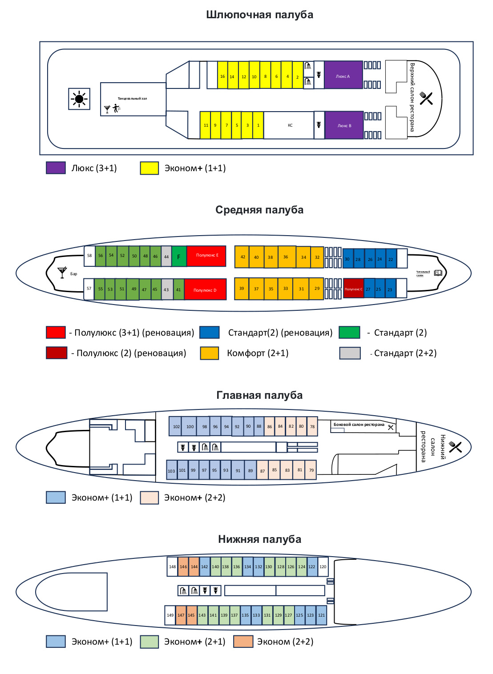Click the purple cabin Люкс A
(343, 75)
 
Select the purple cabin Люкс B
(344, 125)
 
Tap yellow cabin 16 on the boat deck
(222, 75)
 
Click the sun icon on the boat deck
(79, 99)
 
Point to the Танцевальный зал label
(132, 98)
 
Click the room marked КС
(290, 125)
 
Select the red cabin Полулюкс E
(206, 256)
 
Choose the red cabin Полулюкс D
(205, 289)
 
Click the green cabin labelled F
(179, 257)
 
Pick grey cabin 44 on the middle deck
(166, 257)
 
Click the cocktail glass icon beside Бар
(62, 272)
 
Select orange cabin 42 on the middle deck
(242, 257)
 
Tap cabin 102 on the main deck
(176, 426)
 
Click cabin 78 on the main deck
(312, 426)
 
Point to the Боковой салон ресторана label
(359, 425)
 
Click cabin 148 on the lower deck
(172, 567)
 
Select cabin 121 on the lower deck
(321, 615)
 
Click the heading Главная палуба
(259, 395)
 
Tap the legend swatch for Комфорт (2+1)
(209, 353)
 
